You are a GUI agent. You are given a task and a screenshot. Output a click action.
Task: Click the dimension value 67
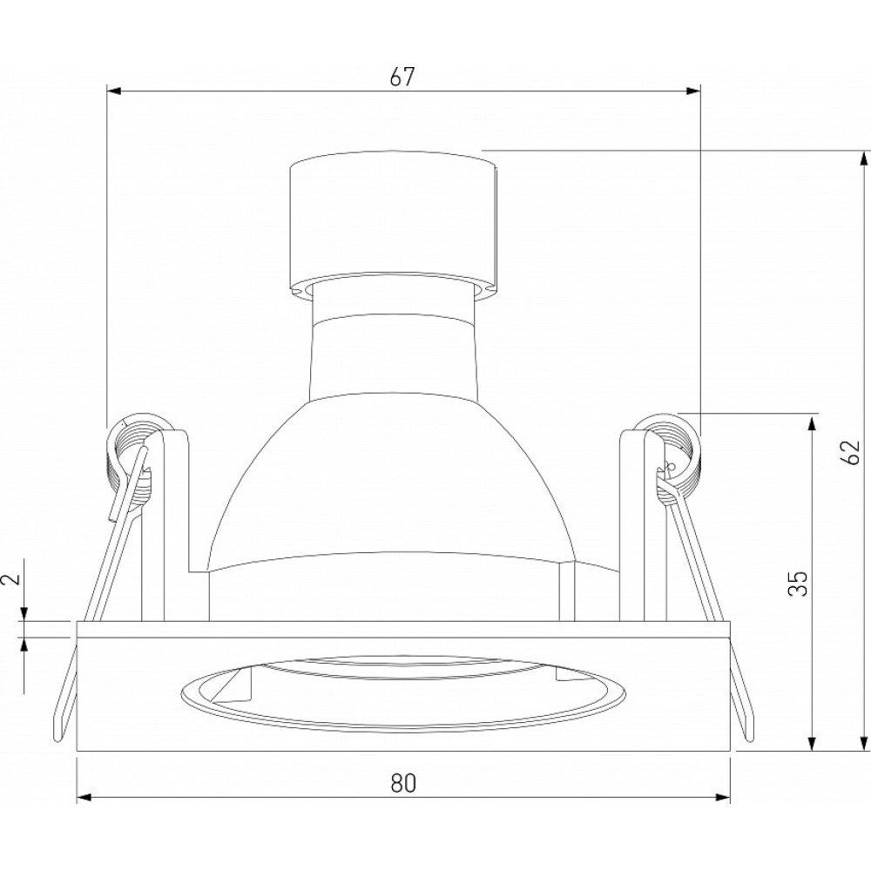(x=402, y=78)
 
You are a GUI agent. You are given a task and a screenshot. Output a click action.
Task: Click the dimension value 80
(x=403, y=783)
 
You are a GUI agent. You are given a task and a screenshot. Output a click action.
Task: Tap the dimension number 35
(x=797, y=584)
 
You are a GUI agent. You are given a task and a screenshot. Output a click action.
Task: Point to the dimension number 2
(x=12, y=578)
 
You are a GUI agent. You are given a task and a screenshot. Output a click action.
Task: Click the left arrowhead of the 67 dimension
(x=114, y=91)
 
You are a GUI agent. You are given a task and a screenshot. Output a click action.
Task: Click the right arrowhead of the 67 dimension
(x=693, y=91)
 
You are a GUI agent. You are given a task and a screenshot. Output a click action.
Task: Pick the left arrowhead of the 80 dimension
(x=84, y=798)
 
